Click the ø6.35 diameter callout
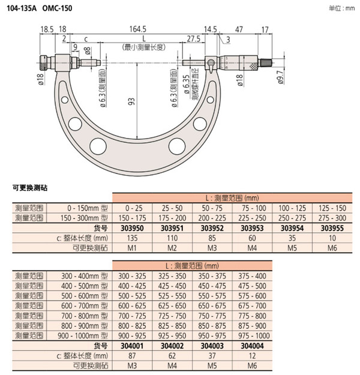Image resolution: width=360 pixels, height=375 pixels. coord(187,88)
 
